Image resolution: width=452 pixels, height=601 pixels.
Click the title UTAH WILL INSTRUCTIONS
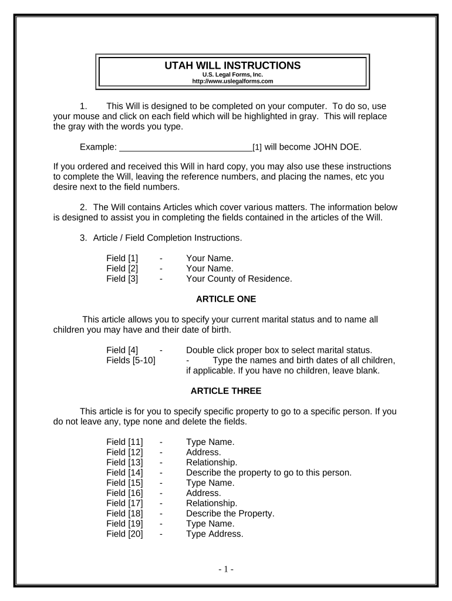pos(233,65)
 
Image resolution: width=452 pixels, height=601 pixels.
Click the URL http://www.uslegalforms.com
pos(233,81)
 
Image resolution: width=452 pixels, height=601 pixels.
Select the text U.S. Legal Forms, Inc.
pos(233,75)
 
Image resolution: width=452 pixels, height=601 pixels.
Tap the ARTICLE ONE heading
pos(226,299)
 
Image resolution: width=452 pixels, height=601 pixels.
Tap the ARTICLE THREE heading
pos(226,390)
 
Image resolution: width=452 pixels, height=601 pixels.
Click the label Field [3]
pos(122,279)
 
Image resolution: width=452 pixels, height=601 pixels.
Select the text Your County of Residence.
pos(239,279)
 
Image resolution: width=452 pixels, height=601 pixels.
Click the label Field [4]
pos(122,350)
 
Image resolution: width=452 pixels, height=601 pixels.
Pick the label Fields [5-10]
pos(131,360)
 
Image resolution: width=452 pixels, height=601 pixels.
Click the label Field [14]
pos(124,472)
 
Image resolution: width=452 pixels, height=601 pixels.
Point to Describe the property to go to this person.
pos(268,472)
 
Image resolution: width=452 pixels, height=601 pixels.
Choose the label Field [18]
pos(124,514)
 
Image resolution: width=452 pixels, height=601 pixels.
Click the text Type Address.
pos(214,534)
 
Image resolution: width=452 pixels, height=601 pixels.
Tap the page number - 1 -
pos(226,569)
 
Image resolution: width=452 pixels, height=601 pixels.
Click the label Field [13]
pos(124,462)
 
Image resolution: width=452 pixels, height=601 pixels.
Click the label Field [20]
pos(124,534)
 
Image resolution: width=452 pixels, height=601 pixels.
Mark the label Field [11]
pos(124,442)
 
